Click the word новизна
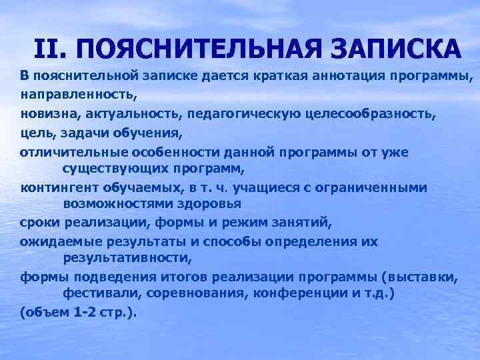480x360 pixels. [45, 114]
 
